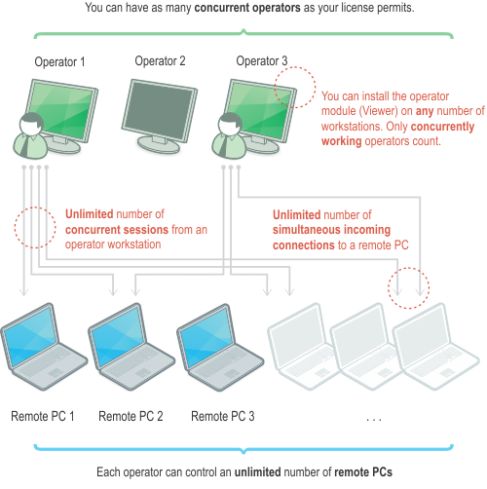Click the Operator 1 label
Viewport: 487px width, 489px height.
point(59,61)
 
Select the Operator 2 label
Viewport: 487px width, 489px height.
point(160,61)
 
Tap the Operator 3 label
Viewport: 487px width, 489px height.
point(262,61)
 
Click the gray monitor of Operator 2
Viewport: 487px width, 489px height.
point(160,116)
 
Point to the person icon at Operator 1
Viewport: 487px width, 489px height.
point(30,136)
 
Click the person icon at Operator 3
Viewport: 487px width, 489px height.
point(229,136)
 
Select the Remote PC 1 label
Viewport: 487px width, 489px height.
point(43,416)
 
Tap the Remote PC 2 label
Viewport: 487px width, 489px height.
point(131,416)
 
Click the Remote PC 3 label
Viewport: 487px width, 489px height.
point(223,416)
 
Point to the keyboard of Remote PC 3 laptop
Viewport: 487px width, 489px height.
point(224,363)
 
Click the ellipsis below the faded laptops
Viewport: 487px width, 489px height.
point(374,420)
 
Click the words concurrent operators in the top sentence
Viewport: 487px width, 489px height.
point(247,8)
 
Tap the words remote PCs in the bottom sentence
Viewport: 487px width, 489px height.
point(363,472)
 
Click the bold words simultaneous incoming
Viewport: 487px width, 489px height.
point(331,230)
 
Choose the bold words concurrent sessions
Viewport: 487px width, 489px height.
point(117,230)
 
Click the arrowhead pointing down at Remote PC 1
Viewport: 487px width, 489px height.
point(23,291)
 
